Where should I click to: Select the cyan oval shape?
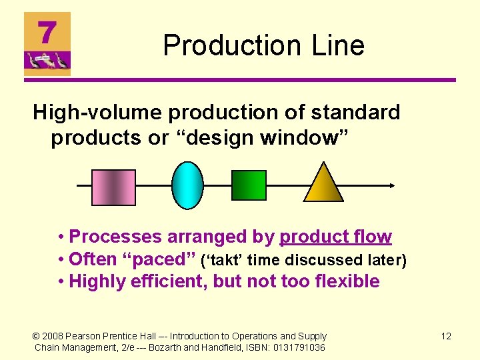(x=187, y=186)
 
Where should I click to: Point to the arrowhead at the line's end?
(x=393, y=186)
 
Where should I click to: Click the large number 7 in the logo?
(x=46, y=33)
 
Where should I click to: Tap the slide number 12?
(x=446, y=336)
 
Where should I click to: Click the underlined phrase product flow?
(x=335, y=237)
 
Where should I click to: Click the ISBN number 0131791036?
(x=299, y=347)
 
